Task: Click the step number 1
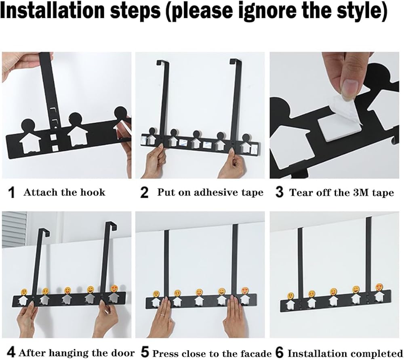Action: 12,193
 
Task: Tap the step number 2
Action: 145,193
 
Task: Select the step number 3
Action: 279,192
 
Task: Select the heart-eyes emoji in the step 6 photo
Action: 379,287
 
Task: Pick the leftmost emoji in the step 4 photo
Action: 24,292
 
